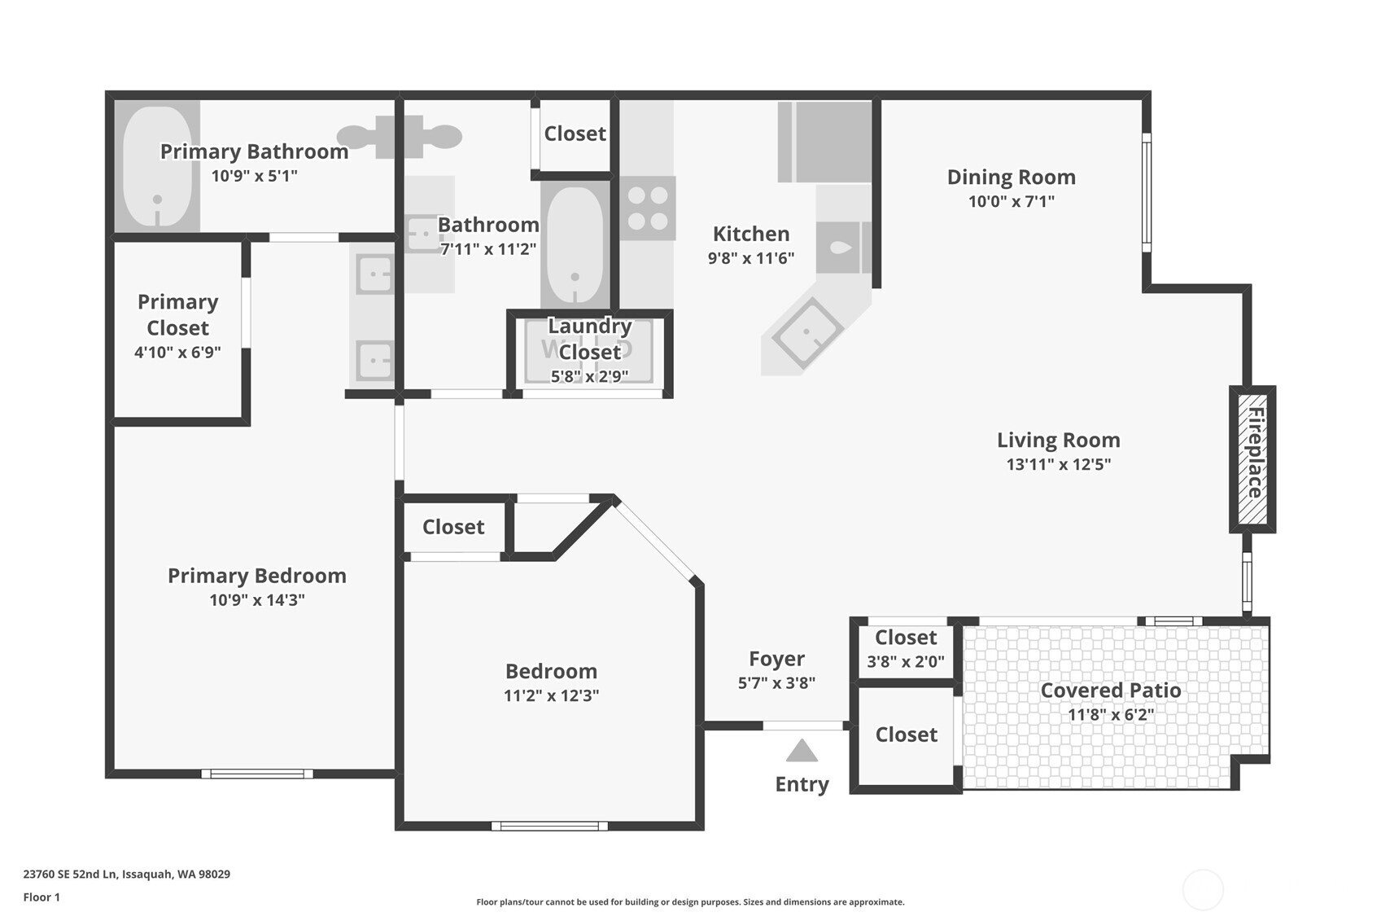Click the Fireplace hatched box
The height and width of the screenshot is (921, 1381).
(x=1252, y=458)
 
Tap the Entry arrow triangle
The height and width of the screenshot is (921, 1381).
(x=802, y=751)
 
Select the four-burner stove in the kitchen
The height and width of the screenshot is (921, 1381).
(x=648, y=208)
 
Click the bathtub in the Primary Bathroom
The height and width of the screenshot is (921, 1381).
(x=157, y=166)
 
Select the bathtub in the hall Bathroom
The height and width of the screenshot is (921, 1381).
(x=575, y=244)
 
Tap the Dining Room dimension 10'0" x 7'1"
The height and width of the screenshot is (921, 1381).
(x=1011, y=201)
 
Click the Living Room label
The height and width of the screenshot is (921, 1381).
(x=1058, y=440)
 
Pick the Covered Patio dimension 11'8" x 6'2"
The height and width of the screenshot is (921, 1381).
(x=1110, y=714)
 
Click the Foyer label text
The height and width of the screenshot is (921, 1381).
(x=776, y=658)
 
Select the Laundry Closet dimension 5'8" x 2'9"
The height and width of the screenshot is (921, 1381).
(x=589, y=376)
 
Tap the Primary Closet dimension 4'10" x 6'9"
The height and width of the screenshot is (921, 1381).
(x=177, y=352)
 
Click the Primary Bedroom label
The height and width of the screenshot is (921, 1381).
(x=256, y=575)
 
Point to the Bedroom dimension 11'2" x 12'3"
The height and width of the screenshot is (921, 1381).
(x=551, y=695)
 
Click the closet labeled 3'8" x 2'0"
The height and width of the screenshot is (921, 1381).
(x=905, y=649)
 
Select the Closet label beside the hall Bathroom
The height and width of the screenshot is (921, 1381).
(x=575, y=134)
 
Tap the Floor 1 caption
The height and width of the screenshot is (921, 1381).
(x=42, y=897)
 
